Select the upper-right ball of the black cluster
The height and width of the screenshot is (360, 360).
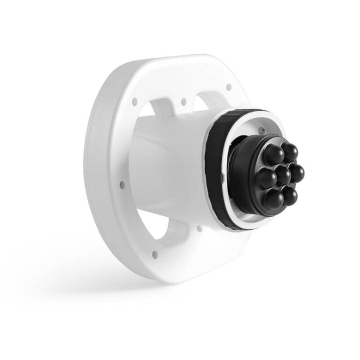pyautogui.click(x=290, y=153)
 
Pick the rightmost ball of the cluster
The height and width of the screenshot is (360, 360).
pyautogui.click(x=298, y=170)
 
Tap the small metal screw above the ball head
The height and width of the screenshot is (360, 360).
pyautogui.click(x=260, y=131)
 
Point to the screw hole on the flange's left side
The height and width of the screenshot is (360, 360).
pyautogui.click(x=122, y=184)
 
